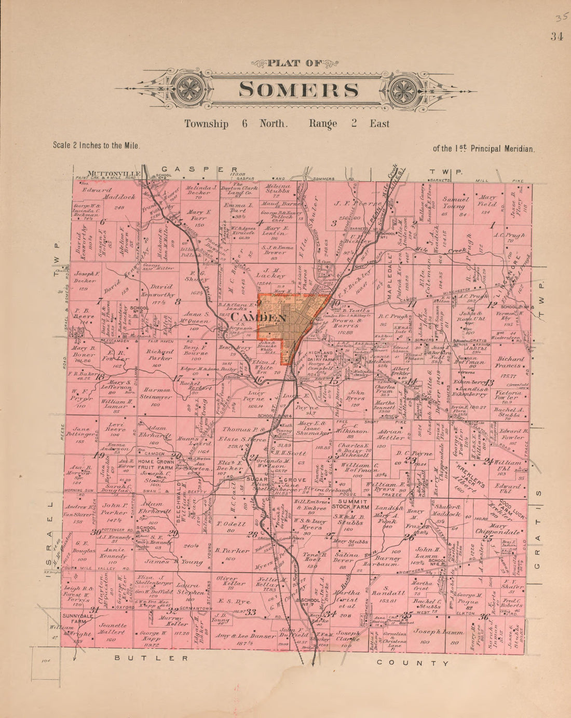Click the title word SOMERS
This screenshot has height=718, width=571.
pos(298,90)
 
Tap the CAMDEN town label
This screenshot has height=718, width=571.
pos(252,317)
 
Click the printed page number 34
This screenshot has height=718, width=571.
pos(557,36)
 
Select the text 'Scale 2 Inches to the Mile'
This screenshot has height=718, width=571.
pos(96,146)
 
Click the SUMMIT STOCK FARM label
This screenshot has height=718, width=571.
pos(352,505)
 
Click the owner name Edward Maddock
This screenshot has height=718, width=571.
pos(109,193)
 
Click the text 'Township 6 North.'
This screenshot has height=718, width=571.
pos(236,124)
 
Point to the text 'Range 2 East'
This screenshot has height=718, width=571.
pos(349,124)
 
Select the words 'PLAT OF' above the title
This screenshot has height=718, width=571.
pos(295,63)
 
